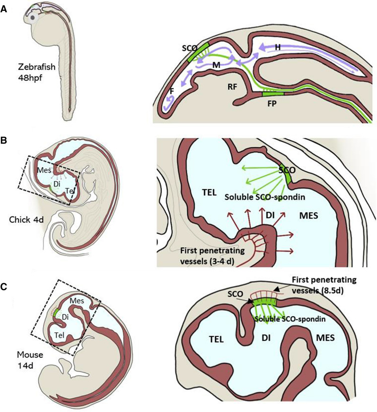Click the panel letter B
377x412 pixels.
[x=4, y=141]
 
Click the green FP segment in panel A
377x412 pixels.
[x=272, y=94]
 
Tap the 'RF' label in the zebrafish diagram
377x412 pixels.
[x=232, y=86]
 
